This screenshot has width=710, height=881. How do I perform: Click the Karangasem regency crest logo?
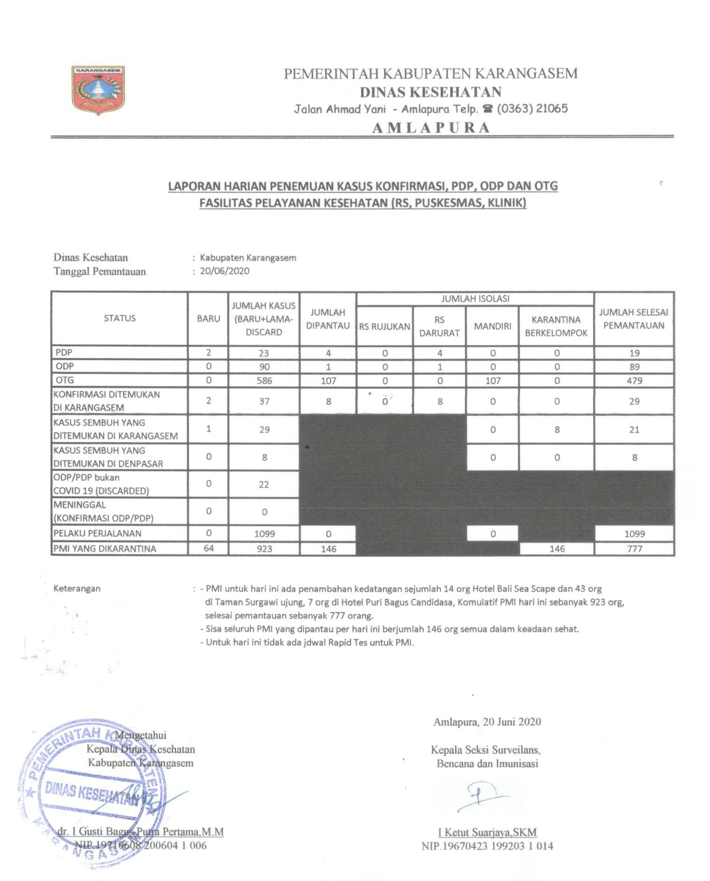[x=98, y=90]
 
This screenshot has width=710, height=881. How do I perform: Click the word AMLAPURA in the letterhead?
[x=431, y=128]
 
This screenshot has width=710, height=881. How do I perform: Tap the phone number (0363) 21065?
[x=532, y=109]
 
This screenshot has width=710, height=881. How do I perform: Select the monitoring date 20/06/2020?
[x=225, y=271]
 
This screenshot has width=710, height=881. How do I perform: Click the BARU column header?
[x=208, y=318]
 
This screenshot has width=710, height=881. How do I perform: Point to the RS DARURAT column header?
[x=439, y=326]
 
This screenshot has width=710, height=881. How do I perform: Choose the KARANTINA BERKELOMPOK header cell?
[x=556, y=326]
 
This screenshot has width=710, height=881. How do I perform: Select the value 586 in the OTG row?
[x=264, y=381]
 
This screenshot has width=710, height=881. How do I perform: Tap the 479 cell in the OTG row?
[x=634, y=381]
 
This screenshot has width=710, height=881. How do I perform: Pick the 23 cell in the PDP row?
[x=264, y=353]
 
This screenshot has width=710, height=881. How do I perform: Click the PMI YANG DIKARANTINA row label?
[x=105, y=549]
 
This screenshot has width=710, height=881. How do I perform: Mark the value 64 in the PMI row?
[x=209, y=548]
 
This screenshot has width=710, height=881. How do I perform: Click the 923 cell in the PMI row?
[x=264, y=549]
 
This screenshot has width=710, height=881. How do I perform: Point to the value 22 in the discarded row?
[x=264, y=485]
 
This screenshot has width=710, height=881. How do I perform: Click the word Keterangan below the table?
[x=77, y=588]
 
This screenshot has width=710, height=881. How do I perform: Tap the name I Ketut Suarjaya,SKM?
[x=487, y=832]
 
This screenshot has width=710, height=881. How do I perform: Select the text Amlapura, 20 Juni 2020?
[x=487, y=721]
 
